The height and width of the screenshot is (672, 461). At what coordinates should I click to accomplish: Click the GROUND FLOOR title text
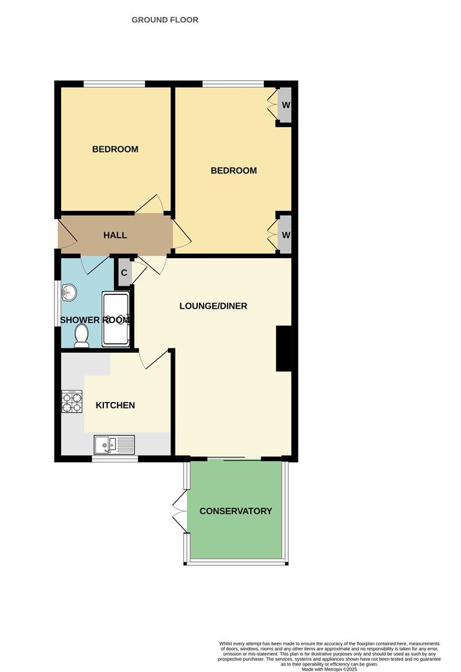[165, 20]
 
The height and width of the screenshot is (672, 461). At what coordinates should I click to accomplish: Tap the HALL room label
[115, 235]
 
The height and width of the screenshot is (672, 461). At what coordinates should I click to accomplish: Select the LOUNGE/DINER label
[213, 306]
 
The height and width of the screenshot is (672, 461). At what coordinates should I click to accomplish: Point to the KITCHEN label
[115, 406]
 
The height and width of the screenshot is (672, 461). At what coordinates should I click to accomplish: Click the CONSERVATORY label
[236, 511]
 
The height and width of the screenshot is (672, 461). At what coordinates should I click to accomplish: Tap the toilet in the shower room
[81, 336]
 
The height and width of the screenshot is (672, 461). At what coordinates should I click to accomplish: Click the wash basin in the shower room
[69, 292]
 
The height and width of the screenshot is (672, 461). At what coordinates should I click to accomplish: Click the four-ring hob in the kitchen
[72, 401]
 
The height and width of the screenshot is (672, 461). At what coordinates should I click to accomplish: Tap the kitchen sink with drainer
[114, 444]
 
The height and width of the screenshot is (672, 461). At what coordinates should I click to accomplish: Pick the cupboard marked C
[124, 273]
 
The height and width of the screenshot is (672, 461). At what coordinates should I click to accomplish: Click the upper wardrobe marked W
[286, 105]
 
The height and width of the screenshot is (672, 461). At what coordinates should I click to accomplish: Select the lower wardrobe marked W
[286, 235]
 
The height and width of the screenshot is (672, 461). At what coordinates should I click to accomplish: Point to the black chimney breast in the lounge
[284, 348]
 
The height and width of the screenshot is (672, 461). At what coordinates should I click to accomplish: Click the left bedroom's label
[115, 149]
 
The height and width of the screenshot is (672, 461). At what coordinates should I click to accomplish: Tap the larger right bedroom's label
[234, 170]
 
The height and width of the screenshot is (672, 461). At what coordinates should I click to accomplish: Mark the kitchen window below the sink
[115, 459]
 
